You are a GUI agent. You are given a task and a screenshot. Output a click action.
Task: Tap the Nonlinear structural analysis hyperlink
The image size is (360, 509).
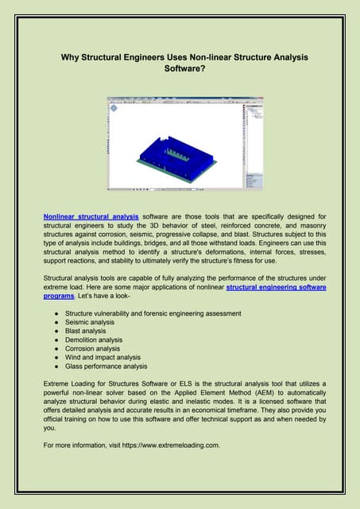click(91, 216)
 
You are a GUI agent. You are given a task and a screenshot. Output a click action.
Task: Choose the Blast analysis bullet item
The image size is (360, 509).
click(87, 331)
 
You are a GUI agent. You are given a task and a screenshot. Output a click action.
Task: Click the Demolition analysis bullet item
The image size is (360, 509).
click(94, 340)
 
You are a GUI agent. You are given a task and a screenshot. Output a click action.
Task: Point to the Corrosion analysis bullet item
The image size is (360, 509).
click(93, 348)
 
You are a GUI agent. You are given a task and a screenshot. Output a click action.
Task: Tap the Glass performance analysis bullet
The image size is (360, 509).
click(107, 366)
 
